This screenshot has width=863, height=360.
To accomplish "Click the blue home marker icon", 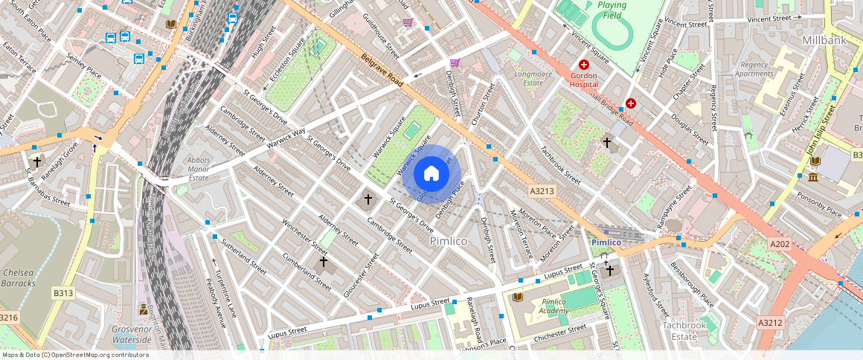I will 431,175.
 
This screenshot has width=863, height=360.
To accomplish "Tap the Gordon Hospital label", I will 584,80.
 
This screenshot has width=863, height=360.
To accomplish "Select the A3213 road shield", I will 542,191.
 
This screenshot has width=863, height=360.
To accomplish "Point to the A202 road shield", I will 779,244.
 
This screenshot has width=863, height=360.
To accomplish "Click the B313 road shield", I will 63,294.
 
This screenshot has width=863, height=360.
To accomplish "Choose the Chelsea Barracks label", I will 18,277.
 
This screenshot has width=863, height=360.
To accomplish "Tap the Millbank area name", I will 825,38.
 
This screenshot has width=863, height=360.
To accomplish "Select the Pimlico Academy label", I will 554,306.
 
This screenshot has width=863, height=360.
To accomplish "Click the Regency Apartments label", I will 754,69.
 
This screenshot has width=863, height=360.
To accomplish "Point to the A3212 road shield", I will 769,322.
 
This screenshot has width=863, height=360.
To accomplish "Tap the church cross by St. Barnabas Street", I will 36,161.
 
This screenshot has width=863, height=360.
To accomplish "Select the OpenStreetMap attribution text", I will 74,355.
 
